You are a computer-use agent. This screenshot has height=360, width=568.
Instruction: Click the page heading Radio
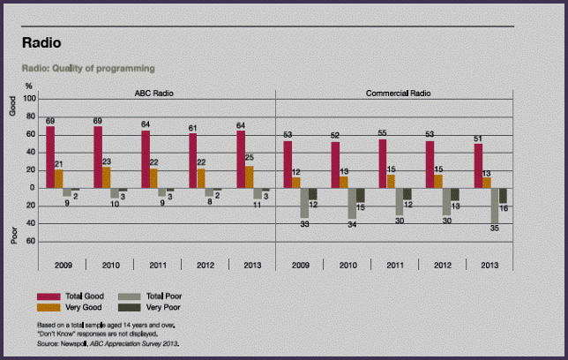point(41,42)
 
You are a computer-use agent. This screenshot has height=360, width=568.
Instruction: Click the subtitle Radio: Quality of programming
point(87,68)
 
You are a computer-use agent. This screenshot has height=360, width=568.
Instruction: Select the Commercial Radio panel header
point(395,92)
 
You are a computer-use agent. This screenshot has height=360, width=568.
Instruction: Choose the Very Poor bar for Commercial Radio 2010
point(360,194)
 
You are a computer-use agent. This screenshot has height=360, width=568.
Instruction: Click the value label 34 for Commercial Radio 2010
point(351,224)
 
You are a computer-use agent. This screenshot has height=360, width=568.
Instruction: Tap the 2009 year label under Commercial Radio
point(300,263)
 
